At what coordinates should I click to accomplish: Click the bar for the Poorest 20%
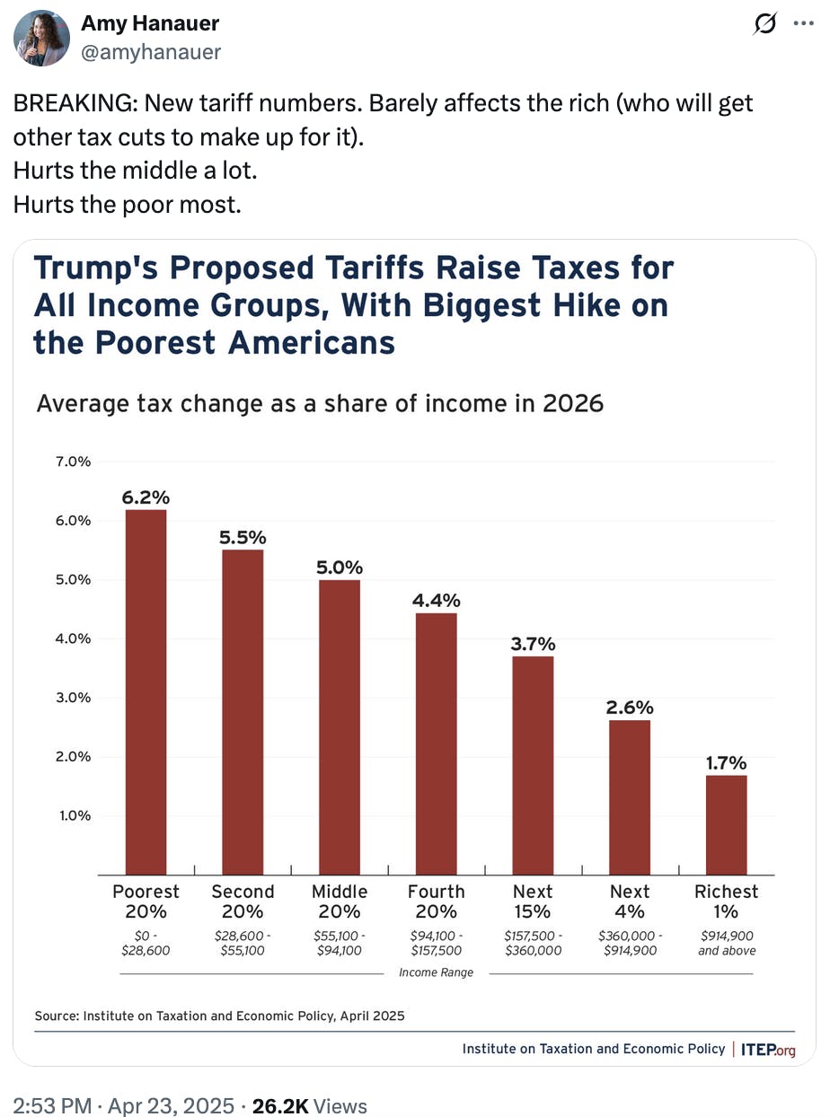point(146,691)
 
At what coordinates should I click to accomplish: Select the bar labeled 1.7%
point(726,824)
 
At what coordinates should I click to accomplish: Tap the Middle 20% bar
point(340,726)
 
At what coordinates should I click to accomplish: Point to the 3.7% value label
point(534,643)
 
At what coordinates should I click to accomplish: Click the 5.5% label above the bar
point(243,537)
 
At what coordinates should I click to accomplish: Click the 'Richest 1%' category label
point(726,902)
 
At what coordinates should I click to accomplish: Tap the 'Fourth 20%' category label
point(437,902)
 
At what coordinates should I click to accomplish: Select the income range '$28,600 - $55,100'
point(243,943)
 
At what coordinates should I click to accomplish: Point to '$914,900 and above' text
point(727,943)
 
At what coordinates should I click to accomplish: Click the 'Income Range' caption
point(437,972)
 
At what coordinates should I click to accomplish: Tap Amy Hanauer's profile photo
point(42,38)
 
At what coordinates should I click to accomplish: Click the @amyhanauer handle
point(151,52)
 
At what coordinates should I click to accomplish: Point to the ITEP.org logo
point(769,1049)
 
